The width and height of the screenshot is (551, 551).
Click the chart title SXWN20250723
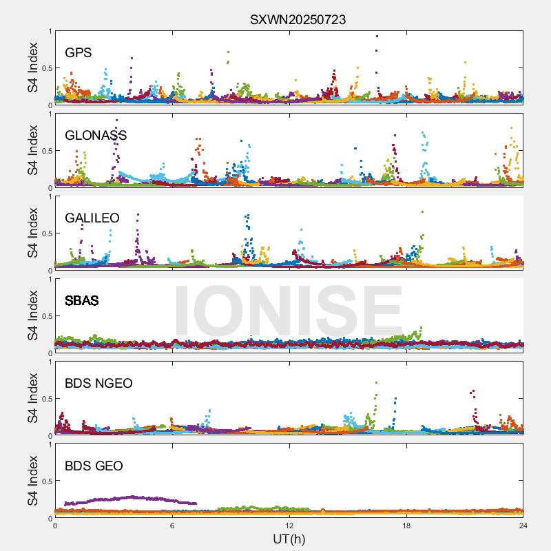pos(298,20)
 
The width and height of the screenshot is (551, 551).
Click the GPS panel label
pos(78,52)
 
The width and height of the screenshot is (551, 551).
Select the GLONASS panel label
pos(96,135)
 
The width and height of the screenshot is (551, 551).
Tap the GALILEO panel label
pos(92,218)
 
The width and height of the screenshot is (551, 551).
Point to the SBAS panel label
pos(81,300)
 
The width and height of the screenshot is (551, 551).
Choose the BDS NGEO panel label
pos(98,383)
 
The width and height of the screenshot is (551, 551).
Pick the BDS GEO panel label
pos(94,466)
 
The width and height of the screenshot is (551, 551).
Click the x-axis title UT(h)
pos(289,538)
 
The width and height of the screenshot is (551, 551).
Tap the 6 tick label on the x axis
pos(172,525)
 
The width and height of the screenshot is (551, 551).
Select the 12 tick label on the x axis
pos(289,525)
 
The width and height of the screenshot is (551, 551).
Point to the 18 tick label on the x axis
pos(406,525)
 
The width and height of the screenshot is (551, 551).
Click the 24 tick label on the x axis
pos(523,525)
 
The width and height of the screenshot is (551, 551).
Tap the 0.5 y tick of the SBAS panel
pos(45,316)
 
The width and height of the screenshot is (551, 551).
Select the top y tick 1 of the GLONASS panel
pos(49,114)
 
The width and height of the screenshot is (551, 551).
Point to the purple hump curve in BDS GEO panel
pos(131,497)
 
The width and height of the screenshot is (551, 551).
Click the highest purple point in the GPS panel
pos(377,36)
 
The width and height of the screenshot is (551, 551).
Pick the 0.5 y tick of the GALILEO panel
pos(45,233)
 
